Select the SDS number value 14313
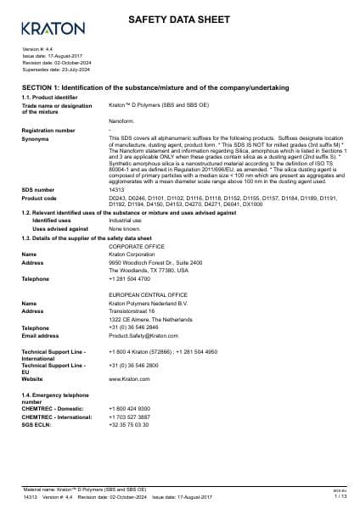coord(116,190)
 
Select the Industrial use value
coord(125,220)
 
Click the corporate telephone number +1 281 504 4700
coord(128,278)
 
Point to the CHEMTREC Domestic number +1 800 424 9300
coord(128,409)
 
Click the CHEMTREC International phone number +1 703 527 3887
coord(128,417)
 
